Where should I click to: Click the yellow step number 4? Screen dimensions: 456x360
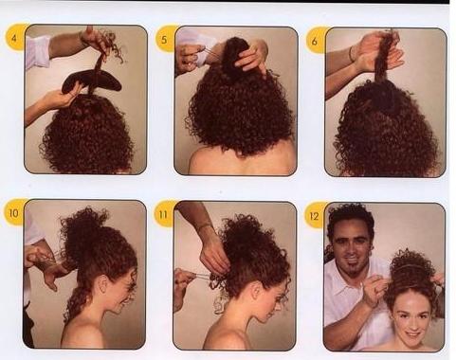(x=14, y=39)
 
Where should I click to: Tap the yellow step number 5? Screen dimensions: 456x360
(x=164, y=40)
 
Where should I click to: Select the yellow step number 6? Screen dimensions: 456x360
(x=314, y=41)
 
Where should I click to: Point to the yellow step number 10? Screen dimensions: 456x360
(x=13, y=213)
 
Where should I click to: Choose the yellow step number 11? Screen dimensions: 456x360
(x=163, y=215)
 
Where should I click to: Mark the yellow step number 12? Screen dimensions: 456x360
(x=314, y=216)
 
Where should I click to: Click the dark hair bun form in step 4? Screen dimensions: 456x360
(x=92, y=81)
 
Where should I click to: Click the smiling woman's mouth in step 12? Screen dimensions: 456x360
(x=412, y=333)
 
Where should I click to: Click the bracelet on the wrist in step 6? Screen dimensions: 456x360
(x=352, y=54)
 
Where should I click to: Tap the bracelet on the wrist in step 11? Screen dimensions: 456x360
(x=205, y=226)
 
